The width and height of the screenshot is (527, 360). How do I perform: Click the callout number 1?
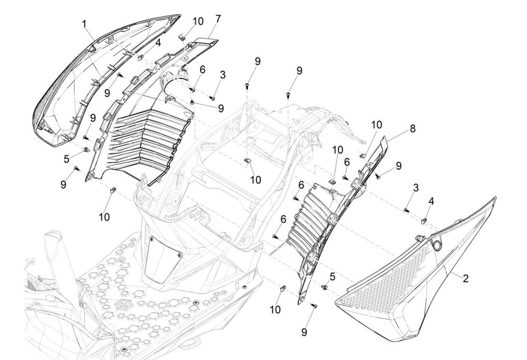[83, 23]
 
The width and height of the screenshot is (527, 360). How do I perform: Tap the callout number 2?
[466, 279]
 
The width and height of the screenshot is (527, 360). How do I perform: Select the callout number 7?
[218, 18]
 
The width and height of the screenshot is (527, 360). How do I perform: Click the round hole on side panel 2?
[437, 245]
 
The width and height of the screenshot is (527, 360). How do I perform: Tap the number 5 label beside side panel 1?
[67, 158]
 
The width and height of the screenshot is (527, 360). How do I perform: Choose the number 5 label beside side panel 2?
[333, 276]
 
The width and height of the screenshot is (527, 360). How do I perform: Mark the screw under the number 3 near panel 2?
[406, 210]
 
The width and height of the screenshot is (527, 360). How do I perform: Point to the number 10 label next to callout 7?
[198, 21]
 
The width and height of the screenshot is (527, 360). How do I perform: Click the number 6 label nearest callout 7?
[202, 70]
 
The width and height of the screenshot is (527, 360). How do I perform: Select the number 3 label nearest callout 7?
[223, 75]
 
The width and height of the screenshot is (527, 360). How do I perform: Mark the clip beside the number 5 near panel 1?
[85, 152]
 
